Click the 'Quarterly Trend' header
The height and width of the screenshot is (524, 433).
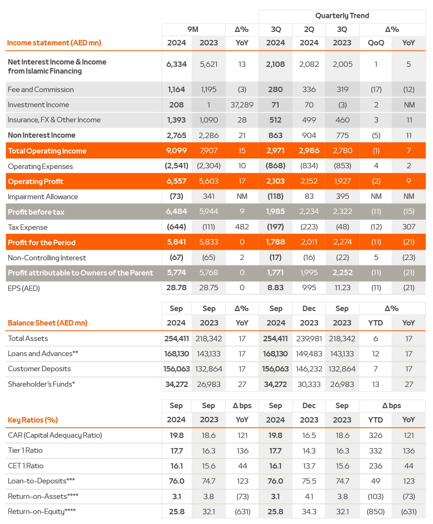point(342,15)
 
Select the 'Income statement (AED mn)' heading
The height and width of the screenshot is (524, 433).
point(54,43)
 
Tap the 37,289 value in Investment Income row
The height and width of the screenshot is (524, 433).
point(242,105)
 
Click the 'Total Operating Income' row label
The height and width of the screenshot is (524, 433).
point(47,151)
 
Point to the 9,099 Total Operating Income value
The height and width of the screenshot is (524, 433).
point(176,150)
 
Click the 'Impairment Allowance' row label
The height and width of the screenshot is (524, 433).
point(43,196)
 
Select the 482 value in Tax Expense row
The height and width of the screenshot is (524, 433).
point(242,227)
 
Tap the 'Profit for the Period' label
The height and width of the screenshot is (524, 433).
point(42,243)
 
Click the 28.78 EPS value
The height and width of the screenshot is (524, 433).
point(176,288)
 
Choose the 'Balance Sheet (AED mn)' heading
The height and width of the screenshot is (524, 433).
point(47,323)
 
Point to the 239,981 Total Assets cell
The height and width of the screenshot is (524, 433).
point(309,339)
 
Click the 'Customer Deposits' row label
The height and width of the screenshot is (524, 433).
point(39,369)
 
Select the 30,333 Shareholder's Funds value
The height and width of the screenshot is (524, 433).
point(309,384)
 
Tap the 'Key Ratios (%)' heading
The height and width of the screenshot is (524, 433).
point(33,420)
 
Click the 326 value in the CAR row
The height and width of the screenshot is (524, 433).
point(376,435)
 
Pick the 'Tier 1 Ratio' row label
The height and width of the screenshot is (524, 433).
point(25,450)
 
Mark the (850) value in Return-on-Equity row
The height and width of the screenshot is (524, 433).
point(376,512)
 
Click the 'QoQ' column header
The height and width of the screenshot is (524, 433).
point(376,43)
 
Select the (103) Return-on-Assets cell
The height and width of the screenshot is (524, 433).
point(376,496)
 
